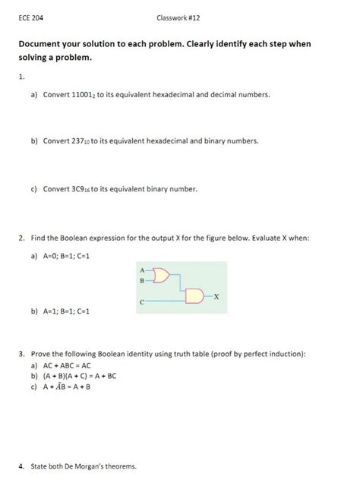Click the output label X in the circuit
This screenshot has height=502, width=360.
[216, 295]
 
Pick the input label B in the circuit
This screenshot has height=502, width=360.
[142, 281]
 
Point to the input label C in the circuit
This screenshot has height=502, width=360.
[142, 302]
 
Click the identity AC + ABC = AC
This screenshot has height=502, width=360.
[69, 365]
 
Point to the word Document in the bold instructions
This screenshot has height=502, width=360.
[43, 44]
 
